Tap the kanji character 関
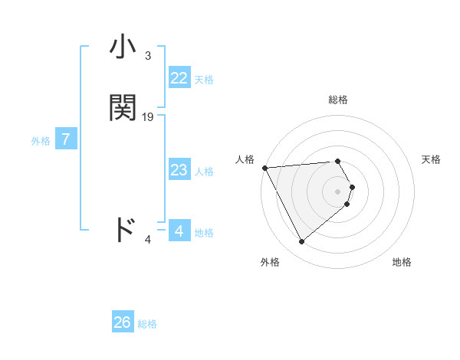(x=123, y=108)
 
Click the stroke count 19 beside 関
(x=148, y=117)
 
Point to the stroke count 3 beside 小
(x=148, y=56)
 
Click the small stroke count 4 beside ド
(x=148, y=240)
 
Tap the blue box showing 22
(x=179, y=78)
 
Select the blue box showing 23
(x=179, y=170)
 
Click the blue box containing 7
(x=66, y=139)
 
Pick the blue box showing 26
(x=123, y=322)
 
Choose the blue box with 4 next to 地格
(x=179, y=231)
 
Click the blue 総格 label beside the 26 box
(x=147, y=324)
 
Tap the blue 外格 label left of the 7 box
(x=40, y=141)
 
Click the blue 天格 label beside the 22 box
(x=204, y=80)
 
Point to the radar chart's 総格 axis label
(x=338, y=100)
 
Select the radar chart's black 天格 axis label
(x=431, y=159)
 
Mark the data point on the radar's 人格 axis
(x=264, y=168)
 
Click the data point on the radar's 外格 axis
(x=301, y=242)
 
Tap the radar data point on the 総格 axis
(x=338, y=161)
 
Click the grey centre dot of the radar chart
(x=338, y=191)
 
